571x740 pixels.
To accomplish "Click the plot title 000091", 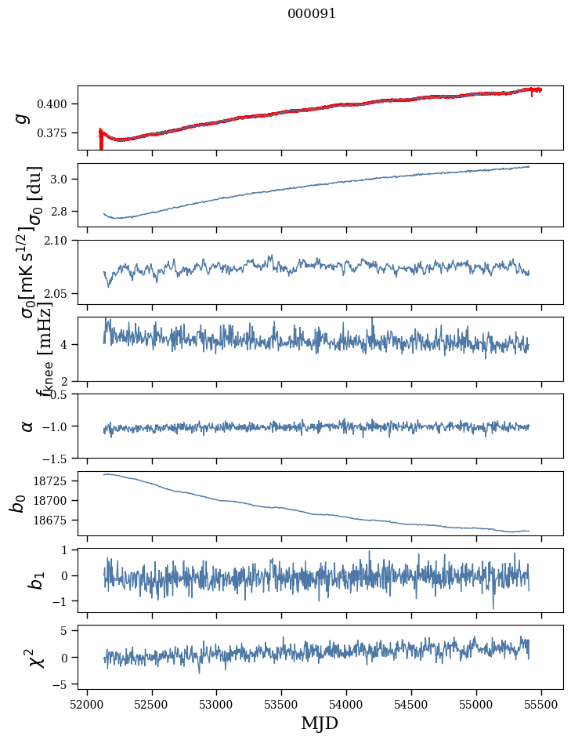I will tap(312, 14).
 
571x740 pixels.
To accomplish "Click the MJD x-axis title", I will tap(320, 724).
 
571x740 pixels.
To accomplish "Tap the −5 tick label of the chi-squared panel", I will tap(62, 684).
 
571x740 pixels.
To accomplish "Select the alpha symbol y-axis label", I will tap(27, 426).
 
